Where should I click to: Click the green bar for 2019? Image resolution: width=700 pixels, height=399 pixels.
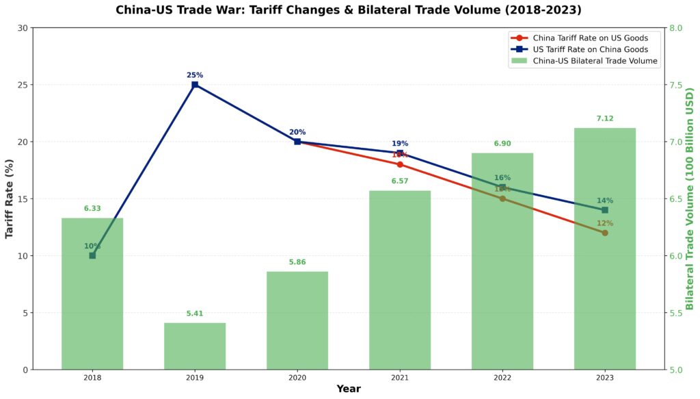coord(195,346)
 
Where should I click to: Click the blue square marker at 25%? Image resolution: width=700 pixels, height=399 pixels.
coord(195,85)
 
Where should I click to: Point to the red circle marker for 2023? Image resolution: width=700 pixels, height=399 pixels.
coord(604,233)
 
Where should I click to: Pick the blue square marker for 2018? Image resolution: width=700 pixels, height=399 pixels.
coord(92,255)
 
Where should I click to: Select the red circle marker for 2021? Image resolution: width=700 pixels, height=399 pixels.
coord(400,164)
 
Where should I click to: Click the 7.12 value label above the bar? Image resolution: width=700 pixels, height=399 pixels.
coord(604,118)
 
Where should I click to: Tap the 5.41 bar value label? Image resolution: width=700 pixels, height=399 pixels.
coord(195,313)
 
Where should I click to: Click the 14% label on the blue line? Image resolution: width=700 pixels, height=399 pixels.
coord(604,201)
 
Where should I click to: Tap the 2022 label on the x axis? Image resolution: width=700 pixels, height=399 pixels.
coord(502,378)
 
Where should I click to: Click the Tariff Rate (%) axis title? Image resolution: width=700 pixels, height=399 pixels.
coord(10,198)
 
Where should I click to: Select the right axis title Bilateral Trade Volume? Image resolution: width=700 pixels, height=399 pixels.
coord(690,198)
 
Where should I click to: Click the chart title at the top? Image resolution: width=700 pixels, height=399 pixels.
coord(349,10)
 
